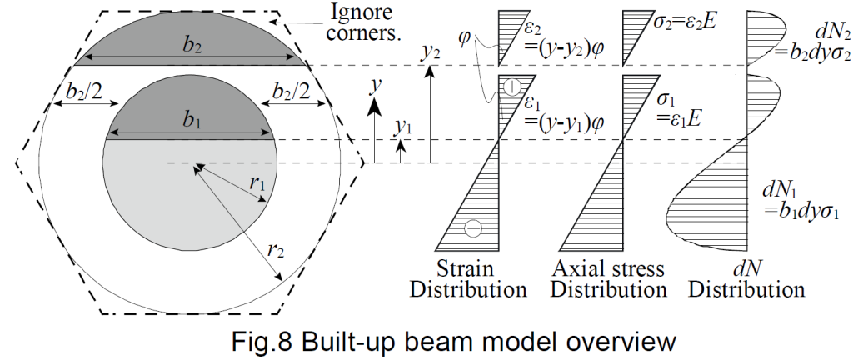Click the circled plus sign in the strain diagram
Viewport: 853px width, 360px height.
511,87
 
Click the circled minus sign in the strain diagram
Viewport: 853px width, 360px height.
473,228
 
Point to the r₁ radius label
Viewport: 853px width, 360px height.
257,184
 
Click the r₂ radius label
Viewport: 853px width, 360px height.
276,250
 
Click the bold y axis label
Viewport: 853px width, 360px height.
373,86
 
